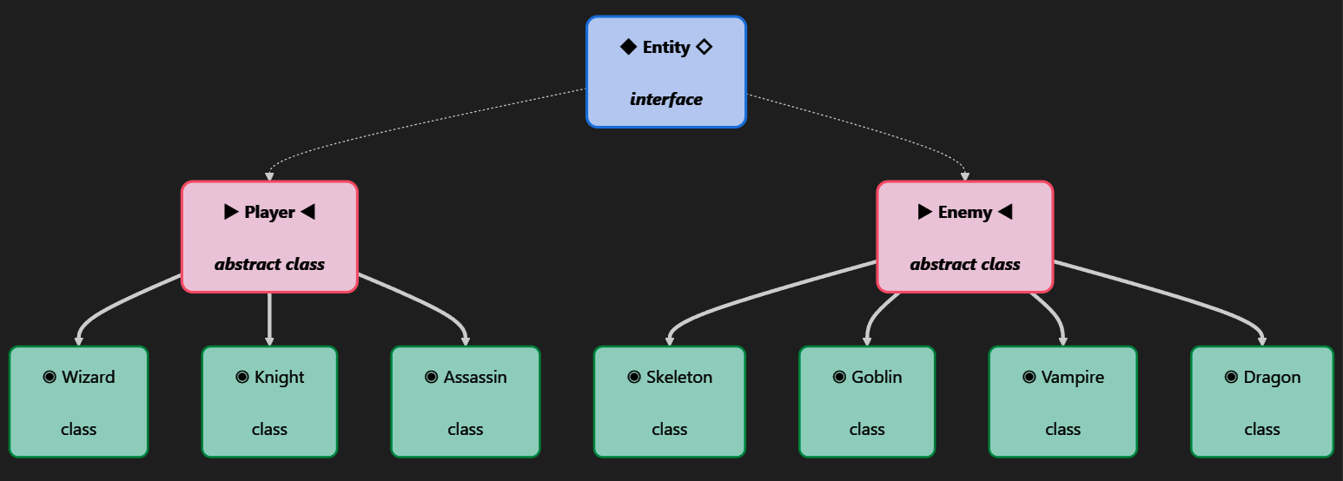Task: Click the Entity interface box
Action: (x=666, y=72)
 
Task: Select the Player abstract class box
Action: (x=270, y=237)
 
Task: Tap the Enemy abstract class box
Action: (x=964, y=237)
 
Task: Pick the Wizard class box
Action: (x=78, y=402)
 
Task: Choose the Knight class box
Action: (x=270, y=402)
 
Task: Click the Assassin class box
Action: (x=466, y=402)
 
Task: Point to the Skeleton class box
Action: (x=670, y=402)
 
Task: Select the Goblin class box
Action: (x=867, y=402)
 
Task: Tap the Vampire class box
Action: (x=1063, y=402)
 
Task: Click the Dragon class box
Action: (x=1262, y=402)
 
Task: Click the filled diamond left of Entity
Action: (x=628, y=47)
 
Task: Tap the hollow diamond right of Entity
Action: (x=704, y=47)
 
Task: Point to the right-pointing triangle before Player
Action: (x=231, y=212)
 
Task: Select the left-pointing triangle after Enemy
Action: (x=1005, y=212)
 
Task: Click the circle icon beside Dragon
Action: (x=1231, y=377)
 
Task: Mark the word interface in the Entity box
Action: (x=666, y=99)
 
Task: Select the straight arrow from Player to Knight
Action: (x=270, y=320)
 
